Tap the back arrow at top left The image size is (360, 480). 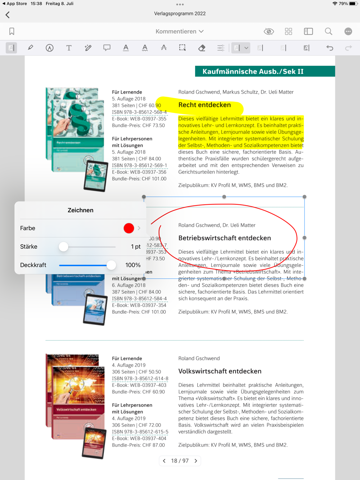click(8, 15)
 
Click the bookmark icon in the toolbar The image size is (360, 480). click(12, 31)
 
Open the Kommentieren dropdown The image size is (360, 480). click(180, 31)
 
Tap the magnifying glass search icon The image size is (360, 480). click(328, 31)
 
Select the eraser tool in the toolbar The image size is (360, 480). click(202, 48)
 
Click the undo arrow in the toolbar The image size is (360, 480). click(329, 48)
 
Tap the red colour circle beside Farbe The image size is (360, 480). click(129, 228)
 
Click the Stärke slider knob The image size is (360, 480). click(63, 246)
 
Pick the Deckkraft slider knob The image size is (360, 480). click(111, 265)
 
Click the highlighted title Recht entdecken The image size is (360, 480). click(204, 105)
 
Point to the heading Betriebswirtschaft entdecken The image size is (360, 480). click(225, 238)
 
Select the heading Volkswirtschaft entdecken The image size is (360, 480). click(220, 371)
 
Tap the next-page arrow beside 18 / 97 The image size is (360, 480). click(196, 461)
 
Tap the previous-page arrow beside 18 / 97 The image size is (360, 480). click(164, 461)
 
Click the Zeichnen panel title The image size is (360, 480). click(80, 210)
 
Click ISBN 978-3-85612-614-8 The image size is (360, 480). click(140, 378)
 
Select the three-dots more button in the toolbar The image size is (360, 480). click(348, 31)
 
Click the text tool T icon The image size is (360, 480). click(69, 48)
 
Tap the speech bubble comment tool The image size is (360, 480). click(107, 48)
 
